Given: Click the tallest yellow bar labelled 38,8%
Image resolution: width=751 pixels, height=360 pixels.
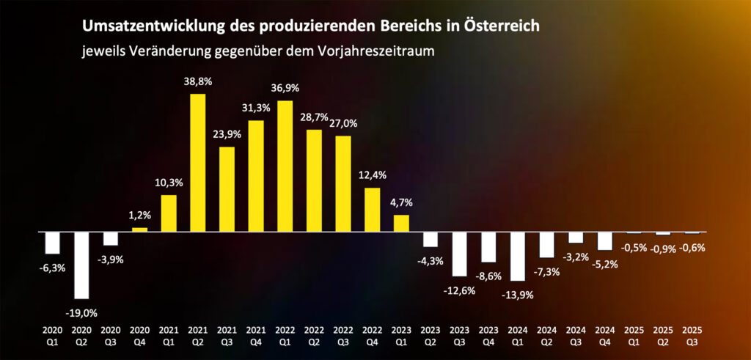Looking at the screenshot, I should point(197,162).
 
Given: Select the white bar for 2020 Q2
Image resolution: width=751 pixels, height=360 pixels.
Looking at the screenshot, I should point(81,265).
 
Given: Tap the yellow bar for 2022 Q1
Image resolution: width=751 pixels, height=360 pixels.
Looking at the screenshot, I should point(285,166).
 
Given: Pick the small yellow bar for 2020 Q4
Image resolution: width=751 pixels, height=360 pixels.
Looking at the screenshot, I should point(139,229).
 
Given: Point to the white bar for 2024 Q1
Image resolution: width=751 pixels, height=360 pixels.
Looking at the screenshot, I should point(517,256).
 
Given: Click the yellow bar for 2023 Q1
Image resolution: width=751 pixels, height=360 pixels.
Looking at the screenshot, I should point(401,223).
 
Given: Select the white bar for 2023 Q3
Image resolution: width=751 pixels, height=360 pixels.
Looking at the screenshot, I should point(459,254).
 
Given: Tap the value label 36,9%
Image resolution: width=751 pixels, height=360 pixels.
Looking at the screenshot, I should point(285,88).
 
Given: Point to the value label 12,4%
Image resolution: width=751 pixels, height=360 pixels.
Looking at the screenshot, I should point(373,175).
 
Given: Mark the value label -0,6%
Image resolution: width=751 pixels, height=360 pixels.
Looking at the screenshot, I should point(692,248).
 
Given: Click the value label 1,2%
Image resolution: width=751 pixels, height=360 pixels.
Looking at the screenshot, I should point(139,215).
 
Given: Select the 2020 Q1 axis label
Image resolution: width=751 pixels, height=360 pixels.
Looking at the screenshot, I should point(52,335).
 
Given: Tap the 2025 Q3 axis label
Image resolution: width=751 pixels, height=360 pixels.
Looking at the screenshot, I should point(692,335).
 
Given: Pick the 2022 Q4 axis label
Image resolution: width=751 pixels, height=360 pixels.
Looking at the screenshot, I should point(372,335).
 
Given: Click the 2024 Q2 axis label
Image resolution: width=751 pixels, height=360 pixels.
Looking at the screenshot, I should point(546,335).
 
